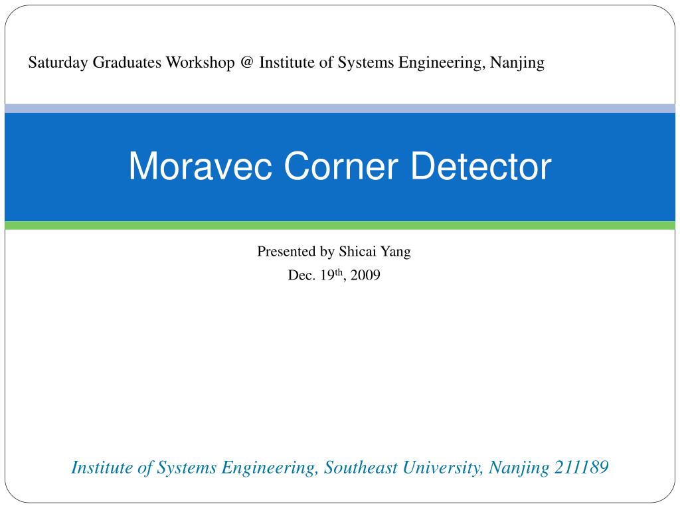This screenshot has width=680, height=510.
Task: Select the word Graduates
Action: (127, 63)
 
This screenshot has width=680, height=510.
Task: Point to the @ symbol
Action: (247, 63)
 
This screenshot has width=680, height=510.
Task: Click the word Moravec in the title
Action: (203, 166)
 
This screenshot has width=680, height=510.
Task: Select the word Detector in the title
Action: (481, 166)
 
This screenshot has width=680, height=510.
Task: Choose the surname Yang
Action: (396, 252)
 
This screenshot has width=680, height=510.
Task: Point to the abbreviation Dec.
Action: (299, 276)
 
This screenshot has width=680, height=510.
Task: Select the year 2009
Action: (366, 276)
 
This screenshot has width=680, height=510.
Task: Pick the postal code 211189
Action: (581, 467)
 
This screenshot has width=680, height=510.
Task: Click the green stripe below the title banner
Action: (340, 226)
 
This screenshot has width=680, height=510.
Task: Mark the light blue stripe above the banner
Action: (340, 108)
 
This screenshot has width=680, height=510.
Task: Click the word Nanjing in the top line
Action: (517, 63)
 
